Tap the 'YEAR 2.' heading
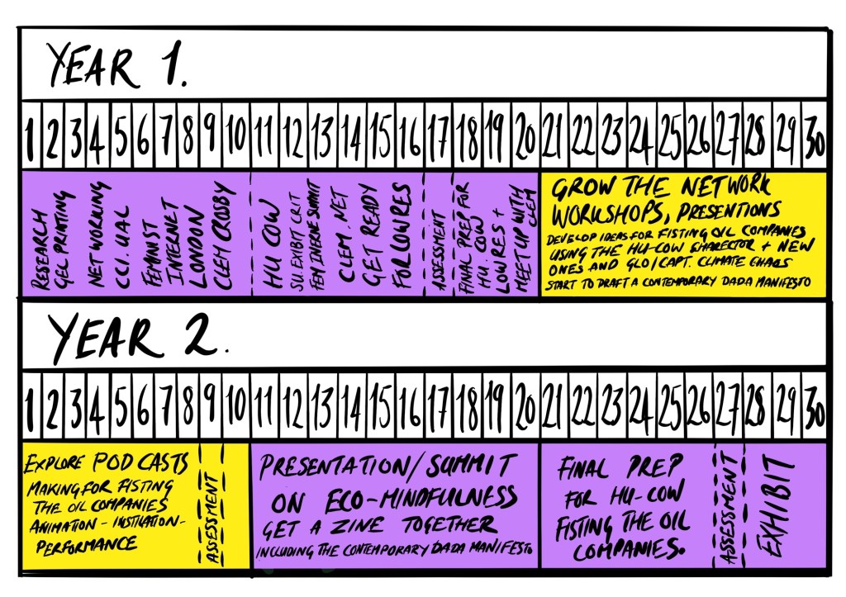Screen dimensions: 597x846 tap(136, 337)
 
